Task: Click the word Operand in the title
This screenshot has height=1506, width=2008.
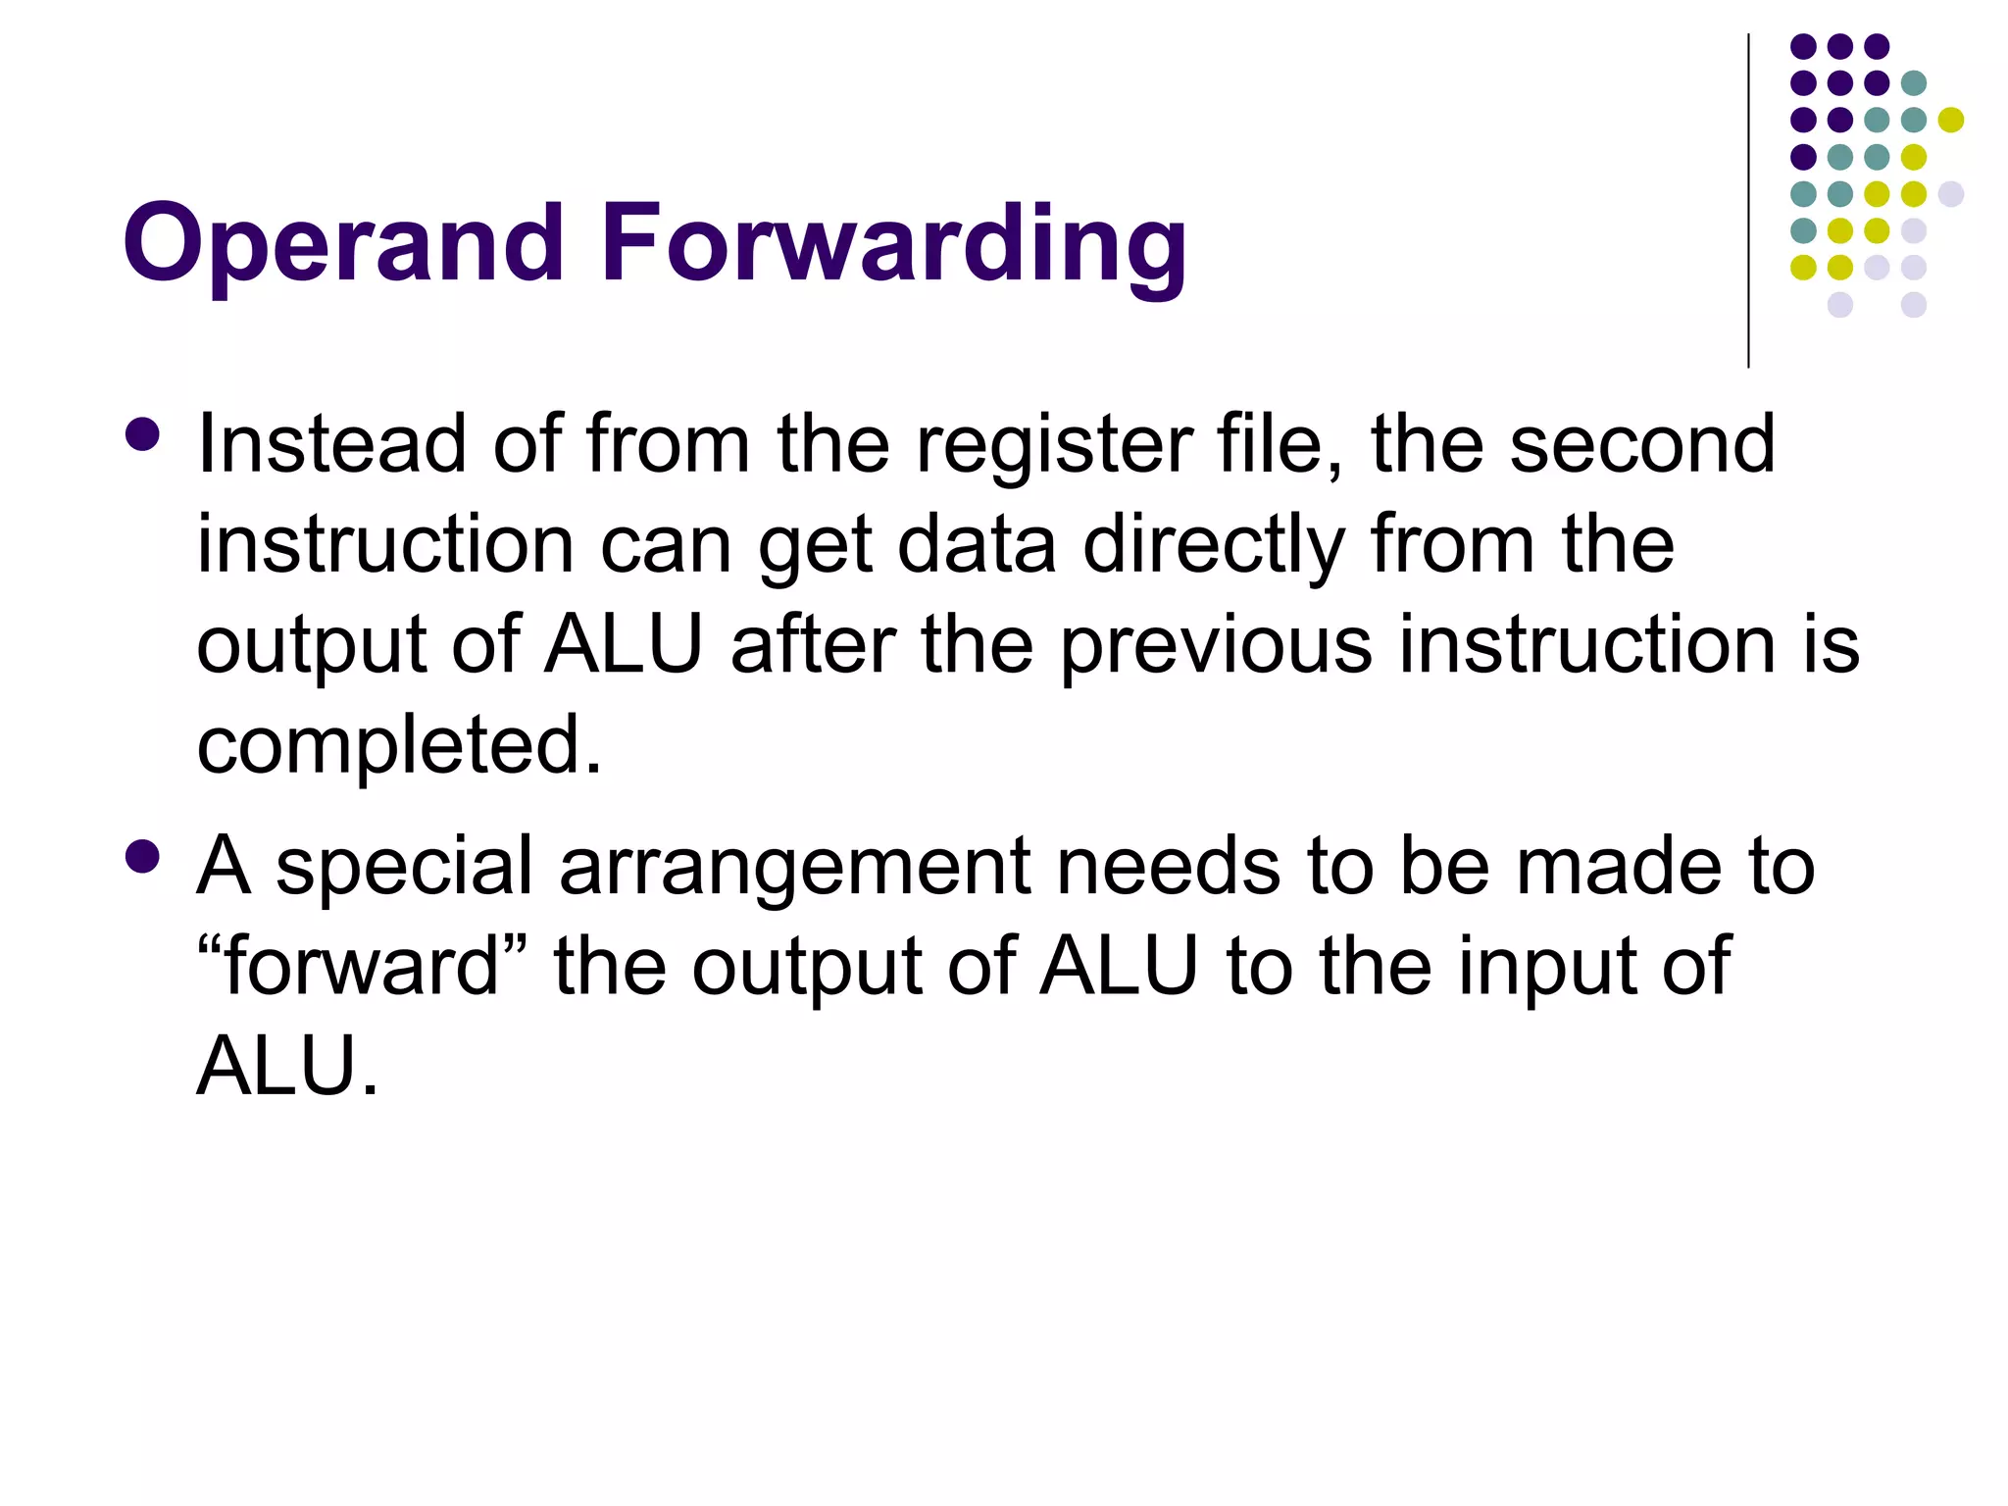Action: coord(342,243)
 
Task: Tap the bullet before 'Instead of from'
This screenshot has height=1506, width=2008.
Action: coord(143,435)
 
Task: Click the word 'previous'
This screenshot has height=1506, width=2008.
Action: coord(1216,647)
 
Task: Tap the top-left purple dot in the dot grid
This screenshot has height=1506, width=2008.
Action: coord(1803,46)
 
